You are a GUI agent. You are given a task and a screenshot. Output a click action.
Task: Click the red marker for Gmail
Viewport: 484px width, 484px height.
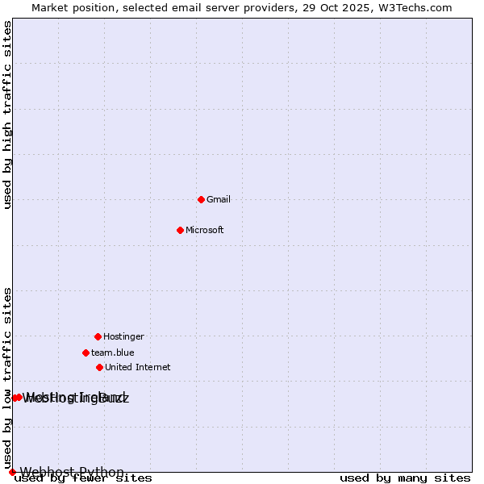point(201,199)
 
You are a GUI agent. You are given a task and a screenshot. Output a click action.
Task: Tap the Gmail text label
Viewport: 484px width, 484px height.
point(219,199)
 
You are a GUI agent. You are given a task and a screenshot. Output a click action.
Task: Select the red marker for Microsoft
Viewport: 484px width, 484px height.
point(180,230)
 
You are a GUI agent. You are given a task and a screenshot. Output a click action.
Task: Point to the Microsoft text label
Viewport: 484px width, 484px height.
point(205,230)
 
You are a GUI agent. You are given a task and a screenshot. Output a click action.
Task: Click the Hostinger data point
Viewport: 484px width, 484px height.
point(98,336)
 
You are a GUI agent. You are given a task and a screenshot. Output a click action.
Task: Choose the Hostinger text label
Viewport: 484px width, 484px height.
point(123,336)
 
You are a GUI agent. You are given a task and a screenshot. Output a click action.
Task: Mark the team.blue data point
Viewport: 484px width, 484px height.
point(86,353)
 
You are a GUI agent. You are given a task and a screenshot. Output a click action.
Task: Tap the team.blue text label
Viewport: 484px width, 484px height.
point(113,353)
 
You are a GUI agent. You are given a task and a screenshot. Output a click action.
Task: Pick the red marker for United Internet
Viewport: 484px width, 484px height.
point(99,367)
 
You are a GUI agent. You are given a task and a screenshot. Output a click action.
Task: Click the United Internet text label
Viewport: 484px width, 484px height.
point(138,367)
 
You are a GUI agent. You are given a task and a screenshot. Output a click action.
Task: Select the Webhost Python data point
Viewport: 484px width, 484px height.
point(12,472)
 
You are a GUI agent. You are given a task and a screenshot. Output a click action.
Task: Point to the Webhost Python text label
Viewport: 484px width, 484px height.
point(72,472)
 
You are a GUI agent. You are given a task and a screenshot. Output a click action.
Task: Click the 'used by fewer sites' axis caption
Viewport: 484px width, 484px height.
point(83,478)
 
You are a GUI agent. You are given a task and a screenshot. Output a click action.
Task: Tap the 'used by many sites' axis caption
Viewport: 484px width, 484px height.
point(405,478)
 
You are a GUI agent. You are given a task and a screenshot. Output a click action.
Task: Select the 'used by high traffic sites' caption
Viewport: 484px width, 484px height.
point(8,115)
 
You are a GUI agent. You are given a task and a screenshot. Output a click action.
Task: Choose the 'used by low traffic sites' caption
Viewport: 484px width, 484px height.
point(8,378)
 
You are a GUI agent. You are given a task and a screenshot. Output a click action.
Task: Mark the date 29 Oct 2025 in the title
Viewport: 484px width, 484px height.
point(345,7)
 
